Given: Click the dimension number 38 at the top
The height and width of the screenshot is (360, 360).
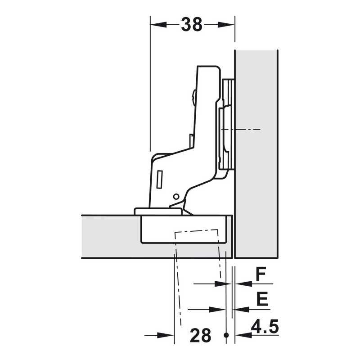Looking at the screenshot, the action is (192, 24).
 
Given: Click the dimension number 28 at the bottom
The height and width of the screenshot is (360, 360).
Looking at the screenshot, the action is (200, 335).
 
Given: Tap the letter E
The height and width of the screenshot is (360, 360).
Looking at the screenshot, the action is (262, 299).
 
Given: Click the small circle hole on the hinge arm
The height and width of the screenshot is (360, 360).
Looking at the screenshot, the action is (176, 197).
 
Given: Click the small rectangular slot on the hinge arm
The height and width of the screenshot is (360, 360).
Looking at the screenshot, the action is (160, 180).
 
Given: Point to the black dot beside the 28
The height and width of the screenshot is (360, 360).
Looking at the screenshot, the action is (226, 335).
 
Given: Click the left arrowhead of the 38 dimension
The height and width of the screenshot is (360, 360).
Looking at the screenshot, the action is (158, 25).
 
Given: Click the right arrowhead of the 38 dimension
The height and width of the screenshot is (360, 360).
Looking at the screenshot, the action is (226, 25).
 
